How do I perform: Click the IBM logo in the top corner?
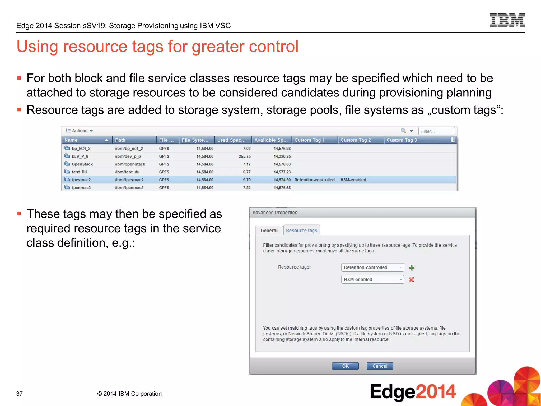coord(507,21)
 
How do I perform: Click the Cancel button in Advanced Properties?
coord(380,366)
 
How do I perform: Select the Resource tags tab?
coord(301,230)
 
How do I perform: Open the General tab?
coord(269,230)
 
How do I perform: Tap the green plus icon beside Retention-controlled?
coord(411,268)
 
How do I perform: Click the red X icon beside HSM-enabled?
coord(411,280)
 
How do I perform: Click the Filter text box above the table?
coord(436,131)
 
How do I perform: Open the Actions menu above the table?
coord(80,131)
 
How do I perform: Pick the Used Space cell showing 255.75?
coord(245,156)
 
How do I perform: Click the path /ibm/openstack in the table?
coord(130,164)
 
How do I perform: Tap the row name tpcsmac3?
coord(81,188)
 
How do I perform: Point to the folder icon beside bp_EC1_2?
coord(67,148)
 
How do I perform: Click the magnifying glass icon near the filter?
coord(403,131)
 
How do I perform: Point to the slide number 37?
coord(20,394)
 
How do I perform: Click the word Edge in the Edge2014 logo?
coord(393,392)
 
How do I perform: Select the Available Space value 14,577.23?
coord(282,172)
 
